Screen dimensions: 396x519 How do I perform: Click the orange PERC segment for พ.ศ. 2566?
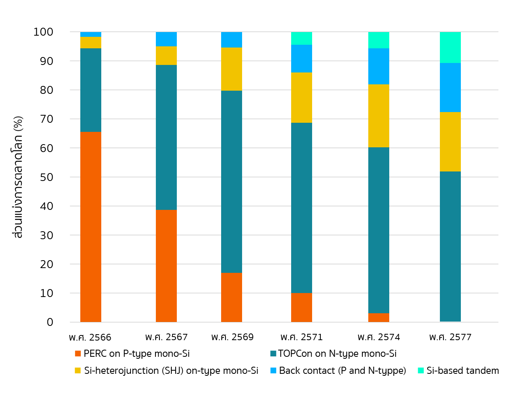click(91, 227)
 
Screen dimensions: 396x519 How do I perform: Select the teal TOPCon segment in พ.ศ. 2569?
click(231, 181)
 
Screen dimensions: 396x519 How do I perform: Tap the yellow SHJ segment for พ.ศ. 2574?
click(379, 116)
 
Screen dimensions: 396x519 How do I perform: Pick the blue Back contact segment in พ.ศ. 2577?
click(450, 88)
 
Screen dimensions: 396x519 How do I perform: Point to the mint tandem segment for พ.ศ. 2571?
click(301, 38)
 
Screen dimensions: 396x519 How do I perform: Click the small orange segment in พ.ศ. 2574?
click(379, 318)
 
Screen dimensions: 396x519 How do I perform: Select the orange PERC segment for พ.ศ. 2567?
click(166, 265)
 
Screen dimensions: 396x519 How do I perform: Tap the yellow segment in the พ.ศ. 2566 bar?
click(91, 42)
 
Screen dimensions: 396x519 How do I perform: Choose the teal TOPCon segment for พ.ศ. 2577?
click(450, 246)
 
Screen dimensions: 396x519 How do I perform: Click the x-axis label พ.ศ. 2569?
click(232, 337)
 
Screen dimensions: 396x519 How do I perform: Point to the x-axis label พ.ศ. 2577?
click(450, 337)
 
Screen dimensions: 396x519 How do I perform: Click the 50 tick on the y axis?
click(47, 177)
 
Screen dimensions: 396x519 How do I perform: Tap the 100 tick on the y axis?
click(44, 32)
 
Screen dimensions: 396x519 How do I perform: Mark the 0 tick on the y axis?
click(50, 322)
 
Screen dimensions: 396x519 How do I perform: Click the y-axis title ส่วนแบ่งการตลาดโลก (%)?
click(18, 177)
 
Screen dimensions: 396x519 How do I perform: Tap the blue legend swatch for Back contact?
click(273, 371)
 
